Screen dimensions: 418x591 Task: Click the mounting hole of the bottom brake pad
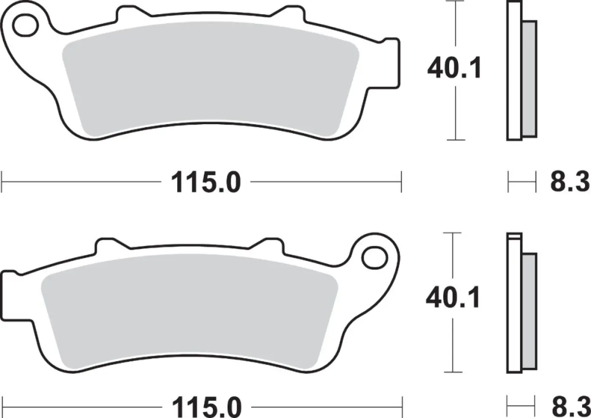coord(373,257)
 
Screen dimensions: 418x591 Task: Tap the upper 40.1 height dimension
coord(454,69)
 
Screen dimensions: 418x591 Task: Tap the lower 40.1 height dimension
coord(453,298)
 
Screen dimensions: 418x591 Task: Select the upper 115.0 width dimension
coord(206,183)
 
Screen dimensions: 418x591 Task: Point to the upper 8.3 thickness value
coord(569,182)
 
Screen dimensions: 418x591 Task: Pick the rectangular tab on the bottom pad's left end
coord(9,295)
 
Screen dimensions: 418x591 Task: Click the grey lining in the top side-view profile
coord(529,79)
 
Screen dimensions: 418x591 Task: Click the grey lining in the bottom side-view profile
coord(529,311)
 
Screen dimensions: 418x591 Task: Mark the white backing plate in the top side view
coord(515,71)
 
